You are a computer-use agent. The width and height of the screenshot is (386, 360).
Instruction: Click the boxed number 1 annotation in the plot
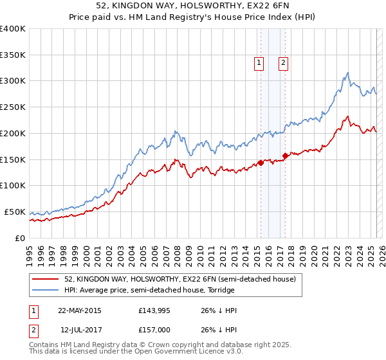[x=259, y=63]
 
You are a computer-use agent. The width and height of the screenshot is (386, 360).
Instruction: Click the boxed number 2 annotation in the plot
[x=283, y=63]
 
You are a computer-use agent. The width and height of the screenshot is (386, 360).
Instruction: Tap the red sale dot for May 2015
[x=261, y=163]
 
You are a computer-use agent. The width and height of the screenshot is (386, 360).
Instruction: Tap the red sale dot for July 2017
[x=285, y=156]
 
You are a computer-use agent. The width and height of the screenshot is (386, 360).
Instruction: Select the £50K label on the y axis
[x=15, y=212]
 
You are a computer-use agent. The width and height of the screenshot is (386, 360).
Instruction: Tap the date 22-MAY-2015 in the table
[x=80, y=310]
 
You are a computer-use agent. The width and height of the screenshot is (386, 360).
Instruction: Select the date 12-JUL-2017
[x=80, y=330]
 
